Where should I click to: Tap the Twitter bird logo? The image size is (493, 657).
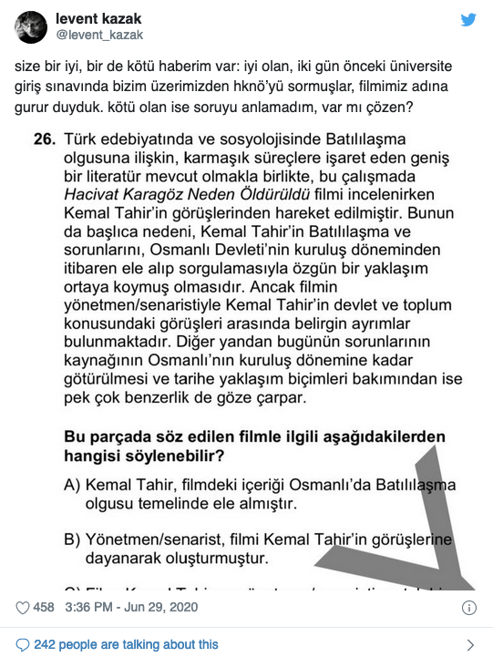pyautogui.click(x=467, y=20)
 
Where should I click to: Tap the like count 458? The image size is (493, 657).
pyautogui.click(x=44, y=608)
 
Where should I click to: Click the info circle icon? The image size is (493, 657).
pyautogui.click(x=469, y=608)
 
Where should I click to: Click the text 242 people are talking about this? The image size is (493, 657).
pyautogui.click(x=127, y=644)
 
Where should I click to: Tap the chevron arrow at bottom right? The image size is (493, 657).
pyautogui.click(x=470, y=644)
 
